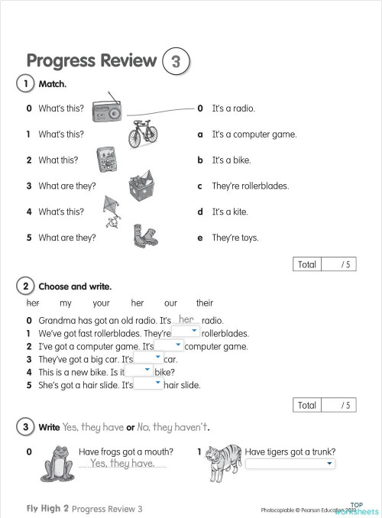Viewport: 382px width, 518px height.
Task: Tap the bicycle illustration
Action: pos(144,134)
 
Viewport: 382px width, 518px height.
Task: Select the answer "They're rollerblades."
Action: pos(250,186)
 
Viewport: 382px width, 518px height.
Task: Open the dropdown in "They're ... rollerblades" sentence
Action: pos(186,332)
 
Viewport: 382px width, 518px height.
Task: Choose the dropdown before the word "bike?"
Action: pos(139,371)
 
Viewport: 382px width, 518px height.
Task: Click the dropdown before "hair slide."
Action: pos(148,384)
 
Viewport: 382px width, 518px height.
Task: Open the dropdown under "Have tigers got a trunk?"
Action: pos(290,463)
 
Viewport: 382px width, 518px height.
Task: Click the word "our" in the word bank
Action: pos(170,303)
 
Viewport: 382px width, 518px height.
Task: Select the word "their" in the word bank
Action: pos(204,303)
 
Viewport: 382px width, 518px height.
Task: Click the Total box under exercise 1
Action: pos(325,264)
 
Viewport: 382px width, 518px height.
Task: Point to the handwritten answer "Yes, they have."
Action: pos(122,463)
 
